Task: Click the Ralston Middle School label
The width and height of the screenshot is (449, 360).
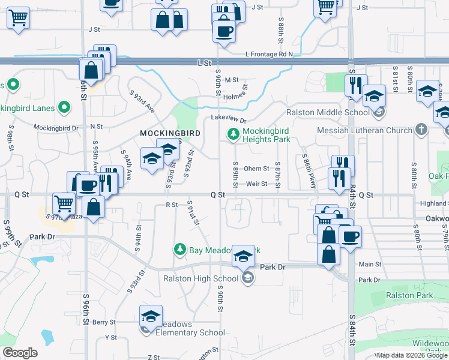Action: pos(328,112)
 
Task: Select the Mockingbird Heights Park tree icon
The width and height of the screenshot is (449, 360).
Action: pos(234,135)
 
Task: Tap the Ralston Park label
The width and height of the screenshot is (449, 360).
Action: pos(409,295)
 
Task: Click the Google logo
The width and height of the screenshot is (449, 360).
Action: pos(20,353)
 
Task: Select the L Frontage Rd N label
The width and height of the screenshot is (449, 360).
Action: pos(269,54)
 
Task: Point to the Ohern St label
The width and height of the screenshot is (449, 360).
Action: pos(256,169)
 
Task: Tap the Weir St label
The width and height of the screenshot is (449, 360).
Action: pos(256,184)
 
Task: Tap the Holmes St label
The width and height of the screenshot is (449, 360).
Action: pos(235,92)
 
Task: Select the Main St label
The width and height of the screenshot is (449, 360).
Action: pos(370,264)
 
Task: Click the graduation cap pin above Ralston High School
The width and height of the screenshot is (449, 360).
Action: pos(243,256)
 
